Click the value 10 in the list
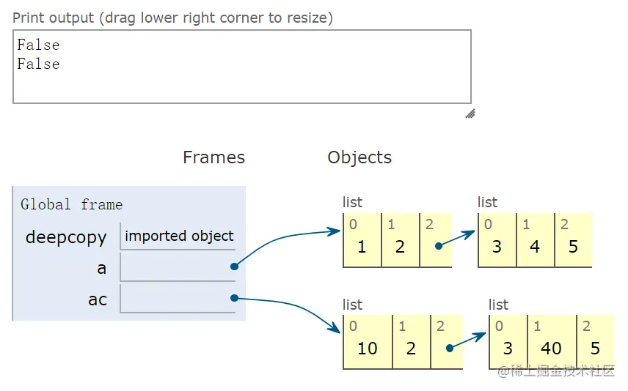click(367, 349)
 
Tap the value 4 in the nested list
click(535, 247)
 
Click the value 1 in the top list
click(362, 247)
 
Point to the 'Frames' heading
click(213, 157)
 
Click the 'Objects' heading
click(359, 157)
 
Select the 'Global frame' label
click(71, 205)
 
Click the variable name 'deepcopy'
click(66, 237)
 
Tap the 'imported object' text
click(179, 236)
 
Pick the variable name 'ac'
click(98, 299)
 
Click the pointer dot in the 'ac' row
click(234, 297)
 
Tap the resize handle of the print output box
click(470, 113)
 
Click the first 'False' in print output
click(38, 45)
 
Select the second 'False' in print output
click(38, 64)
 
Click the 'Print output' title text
click(172, 18)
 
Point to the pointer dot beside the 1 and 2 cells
click(438, 246)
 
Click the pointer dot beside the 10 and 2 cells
click(449, 347)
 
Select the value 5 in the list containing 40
click(595, 349)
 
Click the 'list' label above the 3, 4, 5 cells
click(487, 202)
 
